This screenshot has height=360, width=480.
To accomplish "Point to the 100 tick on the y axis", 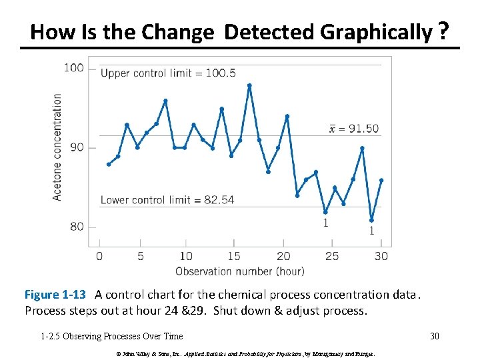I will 74,67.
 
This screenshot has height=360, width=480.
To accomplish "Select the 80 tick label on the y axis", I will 77,227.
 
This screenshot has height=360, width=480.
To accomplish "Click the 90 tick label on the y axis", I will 77,147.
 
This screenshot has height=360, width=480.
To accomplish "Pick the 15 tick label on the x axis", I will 233,256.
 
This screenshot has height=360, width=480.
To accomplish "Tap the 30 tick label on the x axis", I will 381,256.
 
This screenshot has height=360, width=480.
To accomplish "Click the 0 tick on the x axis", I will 99,256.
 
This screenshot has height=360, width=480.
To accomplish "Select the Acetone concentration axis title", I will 57,147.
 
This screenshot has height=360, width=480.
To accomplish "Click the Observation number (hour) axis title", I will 239,271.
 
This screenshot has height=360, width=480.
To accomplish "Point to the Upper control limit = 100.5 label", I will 168,73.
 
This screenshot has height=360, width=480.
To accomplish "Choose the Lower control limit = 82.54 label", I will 167,200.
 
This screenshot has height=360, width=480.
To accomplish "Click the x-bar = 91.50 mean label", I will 354,129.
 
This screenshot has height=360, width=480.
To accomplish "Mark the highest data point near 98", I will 249,85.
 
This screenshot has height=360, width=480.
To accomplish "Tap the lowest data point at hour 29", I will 371,220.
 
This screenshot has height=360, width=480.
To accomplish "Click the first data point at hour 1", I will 109,164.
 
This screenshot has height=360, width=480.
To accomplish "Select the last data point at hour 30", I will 381,180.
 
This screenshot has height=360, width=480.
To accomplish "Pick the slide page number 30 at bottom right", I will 435,336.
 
